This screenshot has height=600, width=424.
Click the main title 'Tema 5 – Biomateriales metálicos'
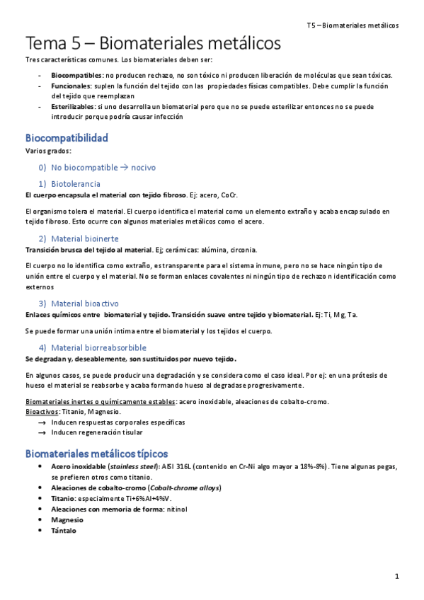pyautogui.click(x=153, y=44)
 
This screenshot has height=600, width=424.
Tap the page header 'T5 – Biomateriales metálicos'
pyautogui.click(x=353, y=25)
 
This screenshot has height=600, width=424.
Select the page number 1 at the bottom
pyautogui.click(x=398, y=577)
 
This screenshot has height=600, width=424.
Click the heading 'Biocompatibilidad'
pyautogui.click(x=67, y=138)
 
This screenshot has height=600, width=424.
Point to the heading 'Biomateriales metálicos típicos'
pyautogui.click(x=96, y=453)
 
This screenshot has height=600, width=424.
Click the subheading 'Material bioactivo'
pyautogui.click(x=88, y=303)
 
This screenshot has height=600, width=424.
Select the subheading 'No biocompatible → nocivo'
pyautogui.click(x=103, y=168)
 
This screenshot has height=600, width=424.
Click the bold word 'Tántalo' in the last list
pyautogui.click(x=64, y=530)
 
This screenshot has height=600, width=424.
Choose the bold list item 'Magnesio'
pyautogui.click(x=67, y=519)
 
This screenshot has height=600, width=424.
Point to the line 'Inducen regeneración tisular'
pyautogui.click(x=97, y=432)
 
